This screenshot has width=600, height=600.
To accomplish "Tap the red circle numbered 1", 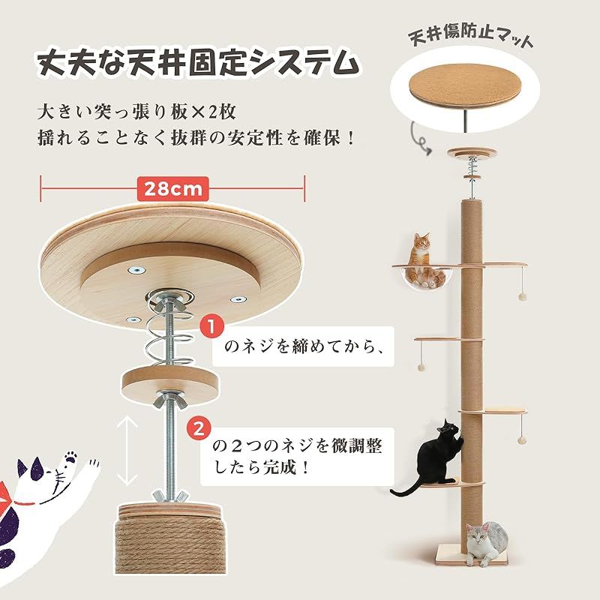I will (213, 328).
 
